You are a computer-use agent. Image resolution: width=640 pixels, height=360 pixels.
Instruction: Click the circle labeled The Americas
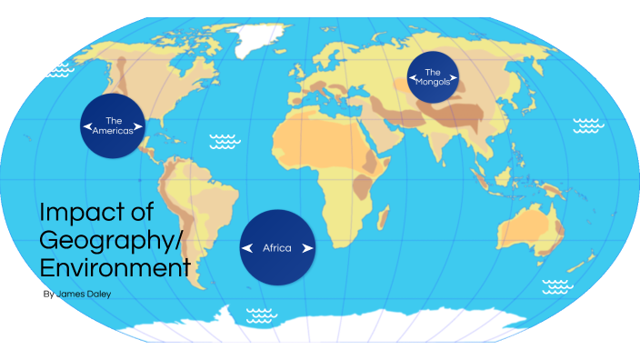(114, 125)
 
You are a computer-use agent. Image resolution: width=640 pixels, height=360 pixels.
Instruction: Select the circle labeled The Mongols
(433, 77)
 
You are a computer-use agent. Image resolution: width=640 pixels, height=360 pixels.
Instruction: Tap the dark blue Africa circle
(277, 247)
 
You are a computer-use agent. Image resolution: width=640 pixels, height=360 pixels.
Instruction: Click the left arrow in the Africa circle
(246, 248)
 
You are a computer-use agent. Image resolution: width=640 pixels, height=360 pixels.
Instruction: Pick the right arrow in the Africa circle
(308, 248)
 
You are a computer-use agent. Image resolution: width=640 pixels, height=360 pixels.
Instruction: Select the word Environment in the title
(115, 268)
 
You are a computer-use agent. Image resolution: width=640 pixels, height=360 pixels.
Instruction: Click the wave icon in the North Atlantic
(224, 141)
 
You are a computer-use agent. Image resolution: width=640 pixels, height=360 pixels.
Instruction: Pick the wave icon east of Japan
(587, 125)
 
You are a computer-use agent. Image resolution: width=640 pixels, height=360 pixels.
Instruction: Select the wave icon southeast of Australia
(557, 287)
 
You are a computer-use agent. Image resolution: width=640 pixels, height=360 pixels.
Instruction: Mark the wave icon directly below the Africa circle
(261, 315)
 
